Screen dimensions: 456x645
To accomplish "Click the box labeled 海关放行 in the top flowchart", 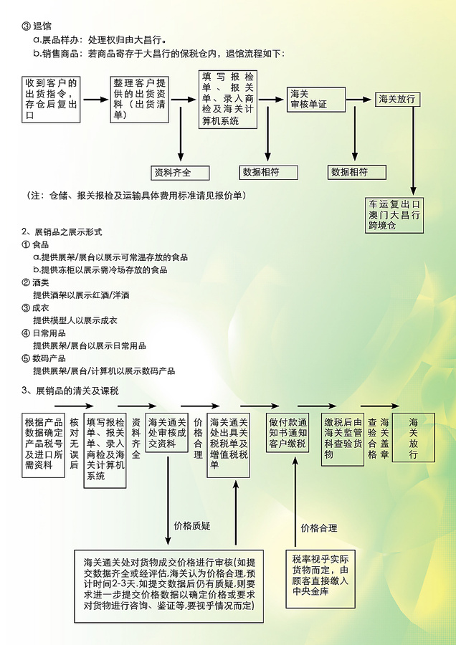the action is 397,99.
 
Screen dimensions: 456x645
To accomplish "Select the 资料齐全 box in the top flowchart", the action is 180,173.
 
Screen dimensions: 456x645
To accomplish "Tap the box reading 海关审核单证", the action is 315,100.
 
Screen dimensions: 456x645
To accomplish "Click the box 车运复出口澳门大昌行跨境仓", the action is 394,215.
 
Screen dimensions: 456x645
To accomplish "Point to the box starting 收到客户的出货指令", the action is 51,99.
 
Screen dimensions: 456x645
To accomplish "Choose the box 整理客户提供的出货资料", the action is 140,99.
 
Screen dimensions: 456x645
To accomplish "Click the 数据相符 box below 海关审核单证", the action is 357,172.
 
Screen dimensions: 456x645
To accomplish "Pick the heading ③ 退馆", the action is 37,27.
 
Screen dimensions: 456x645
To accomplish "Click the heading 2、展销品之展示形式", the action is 62,232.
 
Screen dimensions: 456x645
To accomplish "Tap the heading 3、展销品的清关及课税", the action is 70,391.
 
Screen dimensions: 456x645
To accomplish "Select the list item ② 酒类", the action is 35,282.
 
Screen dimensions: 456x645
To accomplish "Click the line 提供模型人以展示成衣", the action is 75,320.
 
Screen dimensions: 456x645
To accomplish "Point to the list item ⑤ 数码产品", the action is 44,358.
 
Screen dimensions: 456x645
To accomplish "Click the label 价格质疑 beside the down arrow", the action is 192,526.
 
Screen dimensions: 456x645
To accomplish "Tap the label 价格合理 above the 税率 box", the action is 319,528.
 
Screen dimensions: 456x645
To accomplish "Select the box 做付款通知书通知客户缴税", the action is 288,433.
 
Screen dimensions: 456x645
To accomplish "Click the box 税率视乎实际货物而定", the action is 320,579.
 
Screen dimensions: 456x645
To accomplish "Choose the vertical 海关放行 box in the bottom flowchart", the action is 414,438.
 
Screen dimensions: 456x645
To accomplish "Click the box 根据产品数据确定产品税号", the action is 43,445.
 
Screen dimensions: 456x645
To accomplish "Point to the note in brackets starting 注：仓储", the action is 137,196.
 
